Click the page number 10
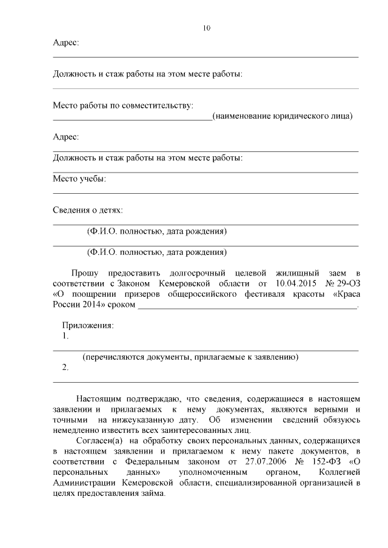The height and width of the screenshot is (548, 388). [x=207, y=28]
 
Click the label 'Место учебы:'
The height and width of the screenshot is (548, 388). [x=79, y=179]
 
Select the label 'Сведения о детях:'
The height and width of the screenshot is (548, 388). [x=88, y=210]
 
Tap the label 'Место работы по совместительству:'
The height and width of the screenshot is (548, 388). [x=123, y=106]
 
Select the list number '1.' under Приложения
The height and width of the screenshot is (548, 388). [x=65, y=335]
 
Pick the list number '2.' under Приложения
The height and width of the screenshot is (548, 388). [x=65, y=368]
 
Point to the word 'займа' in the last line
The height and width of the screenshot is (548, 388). [x=151, y=493]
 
